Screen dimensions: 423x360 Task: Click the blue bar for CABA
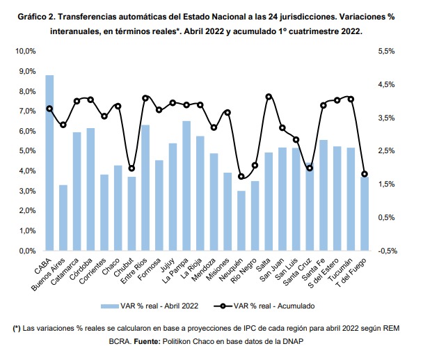point(49,163)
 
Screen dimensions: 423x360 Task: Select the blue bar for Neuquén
point(241,221)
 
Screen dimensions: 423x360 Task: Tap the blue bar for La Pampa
point(186,186)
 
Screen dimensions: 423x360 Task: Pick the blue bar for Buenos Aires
point(63,218)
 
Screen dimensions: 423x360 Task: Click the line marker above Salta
point(269,97)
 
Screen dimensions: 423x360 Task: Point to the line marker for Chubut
point(131,169)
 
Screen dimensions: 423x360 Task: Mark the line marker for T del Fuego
point(365,174)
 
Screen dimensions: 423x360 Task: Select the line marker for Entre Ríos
point(145,98)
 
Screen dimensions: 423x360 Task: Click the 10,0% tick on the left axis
point(26,51)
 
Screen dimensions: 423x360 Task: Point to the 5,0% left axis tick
point(27,150)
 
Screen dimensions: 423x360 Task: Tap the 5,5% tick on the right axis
point(386,51)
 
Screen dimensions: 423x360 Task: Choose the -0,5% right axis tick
point(388,251)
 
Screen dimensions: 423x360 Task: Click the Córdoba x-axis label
point(81,269)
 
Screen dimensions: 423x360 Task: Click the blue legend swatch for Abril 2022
point(110,306)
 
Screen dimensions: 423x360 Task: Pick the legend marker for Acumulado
point(223,306)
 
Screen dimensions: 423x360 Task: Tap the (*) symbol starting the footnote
point(17,329)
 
